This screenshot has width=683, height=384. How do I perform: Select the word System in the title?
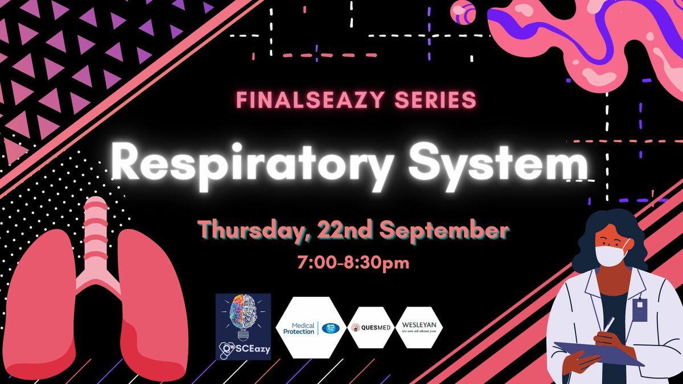click(499, 166)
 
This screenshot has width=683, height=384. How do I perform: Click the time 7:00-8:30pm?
click(353, 263)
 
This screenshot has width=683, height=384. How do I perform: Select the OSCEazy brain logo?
click(244, 327)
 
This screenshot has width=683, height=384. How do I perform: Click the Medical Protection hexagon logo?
click(311, 328)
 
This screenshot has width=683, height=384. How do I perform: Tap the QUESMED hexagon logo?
click(371, 328)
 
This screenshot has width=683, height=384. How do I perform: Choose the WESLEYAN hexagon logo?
click(419, 328)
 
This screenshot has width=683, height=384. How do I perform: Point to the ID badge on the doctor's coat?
click(640, 309)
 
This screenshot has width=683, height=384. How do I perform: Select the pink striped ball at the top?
click(463, 12)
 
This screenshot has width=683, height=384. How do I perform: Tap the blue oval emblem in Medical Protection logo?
click(331, 328)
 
